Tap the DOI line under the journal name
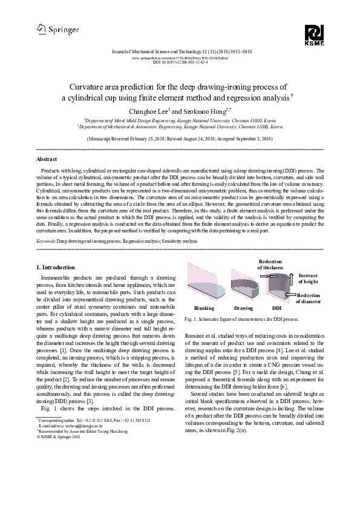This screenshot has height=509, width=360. coord(180,62)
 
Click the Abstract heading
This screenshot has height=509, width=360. coord(48,159)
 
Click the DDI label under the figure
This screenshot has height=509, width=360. coord(277,308)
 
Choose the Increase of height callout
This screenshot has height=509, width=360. coord(307,278)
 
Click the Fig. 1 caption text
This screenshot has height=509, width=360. coord(242,318)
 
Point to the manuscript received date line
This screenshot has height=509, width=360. coord(180,138)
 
